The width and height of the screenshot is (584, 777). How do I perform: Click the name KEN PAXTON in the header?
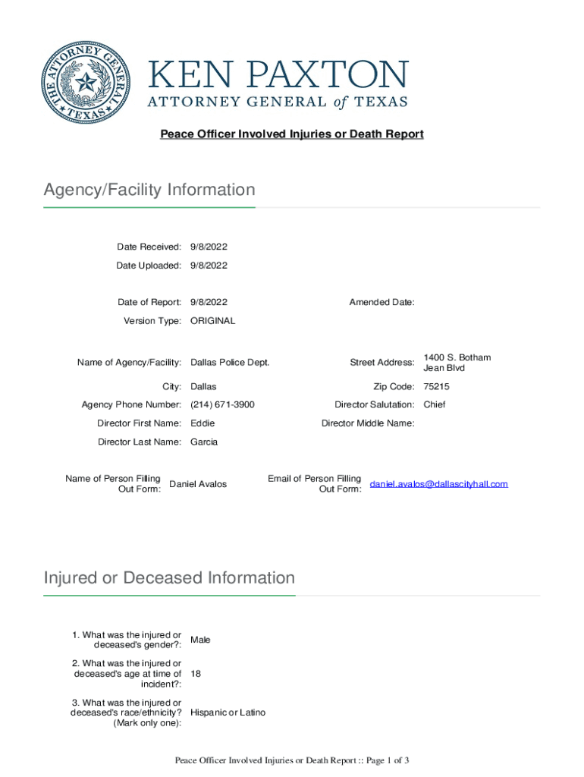click(278, 75)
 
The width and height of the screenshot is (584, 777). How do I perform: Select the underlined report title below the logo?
click(291, 134)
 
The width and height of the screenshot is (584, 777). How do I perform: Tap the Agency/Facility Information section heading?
click(149, 190)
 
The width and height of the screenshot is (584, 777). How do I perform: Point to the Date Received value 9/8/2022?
click(209, 247)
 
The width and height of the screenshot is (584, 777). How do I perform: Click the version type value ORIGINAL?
click(212, 321)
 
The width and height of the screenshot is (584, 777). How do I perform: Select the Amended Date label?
click(381, 303)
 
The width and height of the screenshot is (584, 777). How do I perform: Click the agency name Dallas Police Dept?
click(230, 363)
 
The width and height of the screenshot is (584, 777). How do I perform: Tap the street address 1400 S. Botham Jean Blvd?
click(457, 363)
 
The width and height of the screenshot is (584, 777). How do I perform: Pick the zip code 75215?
click(436, 387)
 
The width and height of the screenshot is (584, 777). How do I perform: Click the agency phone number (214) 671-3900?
click(222, 405)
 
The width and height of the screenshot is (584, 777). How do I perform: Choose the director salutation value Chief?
click(435, 405)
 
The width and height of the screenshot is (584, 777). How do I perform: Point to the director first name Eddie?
click(203, 423)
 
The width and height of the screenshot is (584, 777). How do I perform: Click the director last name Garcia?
click(204, 442)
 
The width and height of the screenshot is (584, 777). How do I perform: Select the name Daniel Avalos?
click(197, 484)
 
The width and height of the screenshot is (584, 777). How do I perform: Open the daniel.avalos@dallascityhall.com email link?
click(438, 484)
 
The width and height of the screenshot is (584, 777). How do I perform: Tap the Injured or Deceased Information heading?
click(169, 578)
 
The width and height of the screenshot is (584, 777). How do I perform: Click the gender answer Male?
click(200, 640)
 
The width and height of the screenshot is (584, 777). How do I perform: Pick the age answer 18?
click(196, 674)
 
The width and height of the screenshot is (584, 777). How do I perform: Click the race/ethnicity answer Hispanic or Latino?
click(228, 713)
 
